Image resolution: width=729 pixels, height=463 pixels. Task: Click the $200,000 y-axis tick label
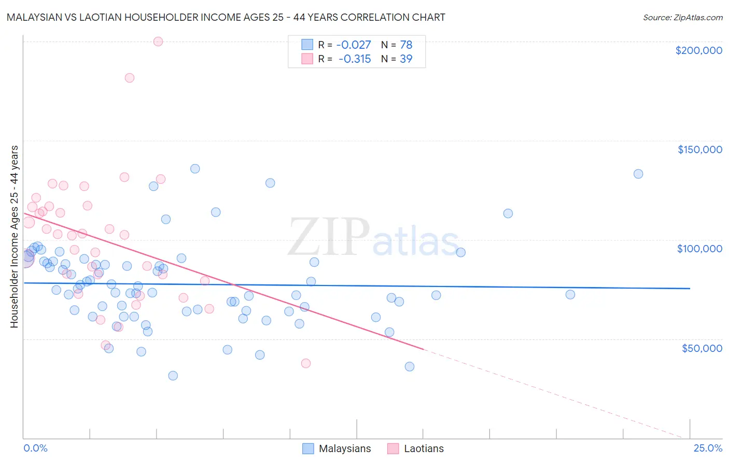pyautogui.click(x=698, y=50)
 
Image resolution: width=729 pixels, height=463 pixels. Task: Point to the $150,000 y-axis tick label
pyautogui.click(x=699, y=149)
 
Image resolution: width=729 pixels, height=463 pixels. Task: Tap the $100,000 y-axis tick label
pyautogui.click(x=699, y=249)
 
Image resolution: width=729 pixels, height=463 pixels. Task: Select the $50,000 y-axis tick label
pyautogui.click(x=702, y=348)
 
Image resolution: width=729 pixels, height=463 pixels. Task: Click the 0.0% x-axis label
pyautogui.click(x=35, y=448)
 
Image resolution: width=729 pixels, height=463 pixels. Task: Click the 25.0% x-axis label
pyautogui.click(x=708, y=448)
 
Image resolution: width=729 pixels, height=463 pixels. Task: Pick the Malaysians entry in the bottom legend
pyautogui.click(x=345, y=448)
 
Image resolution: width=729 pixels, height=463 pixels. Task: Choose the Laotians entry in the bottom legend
pyautogui.click(x=424, y=448)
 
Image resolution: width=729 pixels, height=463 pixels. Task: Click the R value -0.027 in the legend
pyautogui.click(x=354, y=45)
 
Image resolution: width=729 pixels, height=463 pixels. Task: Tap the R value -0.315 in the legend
pyautogui.click(x=354, y=59)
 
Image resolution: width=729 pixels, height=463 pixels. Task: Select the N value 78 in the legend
pyautogui.click(x=406, y=45)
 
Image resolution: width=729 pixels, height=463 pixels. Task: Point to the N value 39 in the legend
pyautogui.click(x=406, y=59)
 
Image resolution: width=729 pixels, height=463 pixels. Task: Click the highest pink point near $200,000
pyautogui.click(x=158, y=42)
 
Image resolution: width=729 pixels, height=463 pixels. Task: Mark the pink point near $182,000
pyautogui.click(x=130, y=78)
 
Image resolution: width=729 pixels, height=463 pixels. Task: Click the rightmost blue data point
pyautogui.click(x=638, y=174)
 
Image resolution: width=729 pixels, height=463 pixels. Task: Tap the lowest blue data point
pyautogui.click(x=173, y=376)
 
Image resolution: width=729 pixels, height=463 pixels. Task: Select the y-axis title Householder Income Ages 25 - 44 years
pyautogui.click(x=15, y=237)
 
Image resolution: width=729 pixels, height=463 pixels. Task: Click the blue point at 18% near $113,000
pyautogui.click(x=508, y=213)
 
